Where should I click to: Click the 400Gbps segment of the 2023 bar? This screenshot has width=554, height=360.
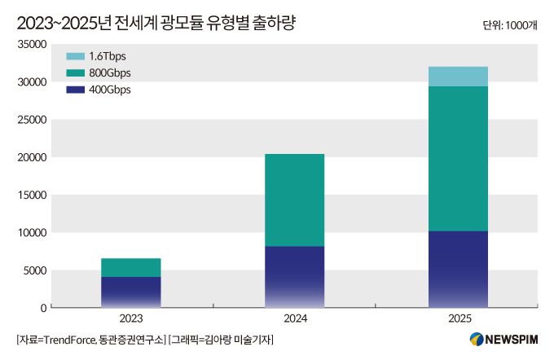(x=130, y=292)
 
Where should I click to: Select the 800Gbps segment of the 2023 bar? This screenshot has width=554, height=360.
(x=130, y=267)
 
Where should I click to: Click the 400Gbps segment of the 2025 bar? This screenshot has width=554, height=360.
(x=457, y=269)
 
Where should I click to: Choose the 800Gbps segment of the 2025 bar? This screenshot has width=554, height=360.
(x=457, y=158)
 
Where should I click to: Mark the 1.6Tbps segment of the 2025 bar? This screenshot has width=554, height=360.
(x=457, y=77)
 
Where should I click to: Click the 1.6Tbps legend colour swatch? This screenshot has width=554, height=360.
(x=75, y=57)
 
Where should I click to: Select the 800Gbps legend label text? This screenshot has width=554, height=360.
(x=109, y=73)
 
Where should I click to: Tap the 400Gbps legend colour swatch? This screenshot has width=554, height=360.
(x=75, y=90)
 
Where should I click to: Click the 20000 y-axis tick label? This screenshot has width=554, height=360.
(x=30, y=157)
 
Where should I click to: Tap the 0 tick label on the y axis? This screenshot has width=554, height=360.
(x=42, y=308)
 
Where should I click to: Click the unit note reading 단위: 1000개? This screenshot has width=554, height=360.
(x=510, y=25)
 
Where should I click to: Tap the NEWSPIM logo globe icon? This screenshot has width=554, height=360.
(x=477, y=339)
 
